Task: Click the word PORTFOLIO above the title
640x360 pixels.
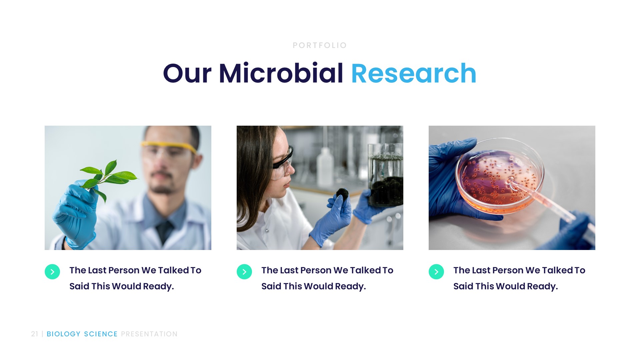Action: point(320,45)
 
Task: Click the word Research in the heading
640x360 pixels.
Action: point(413,73)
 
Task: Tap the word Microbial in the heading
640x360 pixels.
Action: point(281,73)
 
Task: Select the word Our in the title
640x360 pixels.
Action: point(187,73)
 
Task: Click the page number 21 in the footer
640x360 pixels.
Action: point(34,334)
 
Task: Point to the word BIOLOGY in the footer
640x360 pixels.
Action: point(63,334)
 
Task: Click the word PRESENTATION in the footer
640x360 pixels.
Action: point(149,334)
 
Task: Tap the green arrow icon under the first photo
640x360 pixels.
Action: point(52,272)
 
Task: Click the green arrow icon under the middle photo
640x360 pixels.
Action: point(244,272)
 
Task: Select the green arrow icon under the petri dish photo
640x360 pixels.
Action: point(436,272)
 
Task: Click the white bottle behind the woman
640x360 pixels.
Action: point(325,167)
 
